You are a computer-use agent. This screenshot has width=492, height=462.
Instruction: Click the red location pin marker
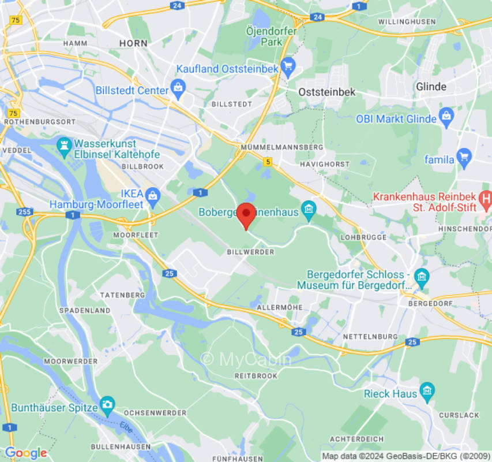247,214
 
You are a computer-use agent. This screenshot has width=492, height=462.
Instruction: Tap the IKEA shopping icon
152,196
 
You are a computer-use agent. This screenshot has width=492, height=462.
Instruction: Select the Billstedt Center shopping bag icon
178,89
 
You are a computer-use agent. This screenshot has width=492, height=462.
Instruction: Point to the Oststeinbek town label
326,92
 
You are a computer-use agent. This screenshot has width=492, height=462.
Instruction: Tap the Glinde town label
431,87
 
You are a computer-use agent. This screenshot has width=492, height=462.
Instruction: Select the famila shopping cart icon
464,156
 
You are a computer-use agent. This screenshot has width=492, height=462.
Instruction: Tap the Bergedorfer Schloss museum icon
422,277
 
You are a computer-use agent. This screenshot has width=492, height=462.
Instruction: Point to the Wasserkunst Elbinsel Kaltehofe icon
63,146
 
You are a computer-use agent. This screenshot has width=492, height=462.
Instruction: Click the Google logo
25,453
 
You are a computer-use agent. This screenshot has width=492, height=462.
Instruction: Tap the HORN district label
133,43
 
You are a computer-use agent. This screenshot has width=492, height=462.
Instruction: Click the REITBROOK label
256,375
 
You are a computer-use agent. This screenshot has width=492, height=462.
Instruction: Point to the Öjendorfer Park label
271,36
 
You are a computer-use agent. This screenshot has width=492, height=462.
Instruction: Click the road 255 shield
24,212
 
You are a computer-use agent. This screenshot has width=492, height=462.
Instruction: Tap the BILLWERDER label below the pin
250,252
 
